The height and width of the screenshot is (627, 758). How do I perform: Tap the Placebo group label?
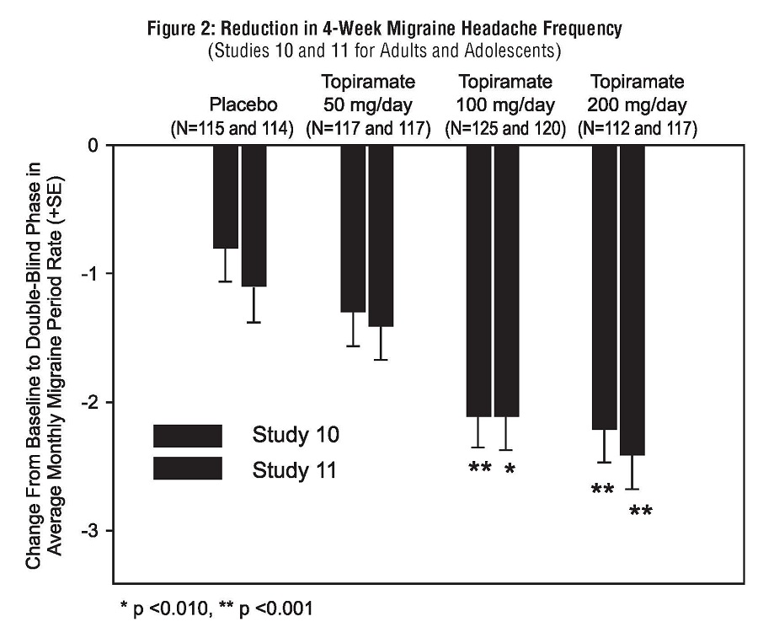point(243,106)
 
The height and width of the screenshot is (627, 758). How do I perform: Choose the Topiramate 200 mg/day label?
point(638,95)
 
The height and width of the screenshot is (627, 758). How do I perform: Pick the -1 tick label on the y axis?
point(91,274)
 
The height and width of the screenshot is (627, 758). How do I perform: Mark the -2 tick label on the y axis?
point(91,402)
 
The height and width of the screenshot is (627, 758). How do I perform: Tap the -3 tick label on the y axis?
point(91,531)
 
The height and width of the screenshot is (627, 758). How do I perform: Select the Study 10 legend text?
point(295,436)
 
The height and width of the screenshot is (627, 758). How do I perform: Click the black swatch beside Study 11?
point(187,468)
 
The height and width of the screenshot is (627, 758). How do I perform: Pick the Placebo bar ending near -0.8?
point(225,197)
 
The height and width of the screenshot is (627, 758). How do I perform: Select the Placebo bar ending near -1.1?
point(254,216)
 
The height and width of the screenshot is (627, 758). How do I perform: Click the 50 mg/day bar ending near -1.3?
point(353,228)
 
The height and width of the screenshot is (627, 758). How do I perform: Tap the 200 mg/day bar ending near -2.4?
point(632,300)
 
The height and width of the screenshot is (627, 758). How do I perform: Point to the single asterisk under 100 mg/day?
point(509,469)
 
